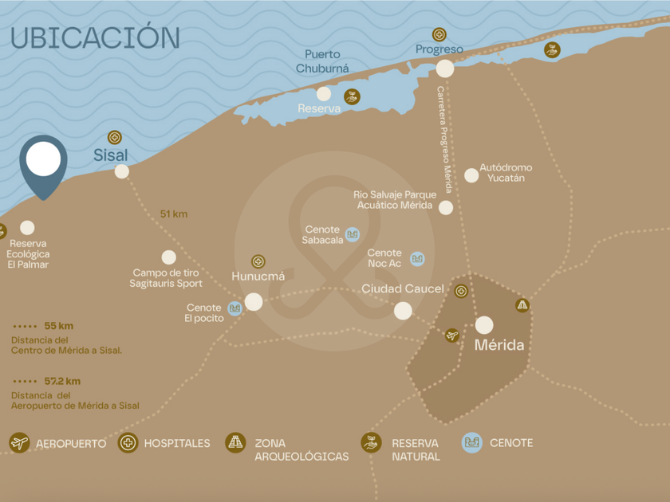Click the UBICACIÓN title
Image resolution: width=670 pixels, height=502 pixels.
coord(95,37)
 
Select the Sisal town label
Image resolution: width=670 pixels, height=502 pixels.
coord(110,155)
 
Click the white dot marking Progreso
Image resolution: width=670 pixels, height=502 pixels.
coord(445,69)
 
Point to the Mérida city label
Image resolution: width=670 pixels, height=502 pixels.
coord(499,345)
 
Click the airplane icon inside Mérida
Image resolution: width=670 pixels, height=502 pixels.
coord(452,335)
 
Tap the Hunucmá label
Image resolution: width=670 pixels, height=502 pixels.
coord(258,276)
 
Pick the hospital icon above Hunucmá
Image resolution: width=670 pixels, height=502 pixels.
coord(258,261)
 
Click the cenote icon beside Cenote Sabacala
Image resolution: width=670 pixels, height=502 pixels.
coord(353,234)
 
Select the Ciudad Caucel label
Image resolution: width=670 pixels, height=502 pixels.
coord(403,288)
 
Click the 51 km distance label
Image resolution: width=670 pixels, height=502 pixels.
coord(173,214)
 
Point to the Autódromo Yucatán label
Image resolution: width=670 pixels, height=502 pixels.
coord(505,173)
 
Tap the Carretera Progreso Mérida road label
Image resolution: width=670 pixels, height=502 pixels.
coord(444,139)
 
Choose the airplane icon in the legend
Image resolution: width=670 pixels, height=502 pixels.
coord(19,443)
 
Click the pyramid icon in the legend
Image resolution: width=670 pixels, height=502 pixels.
coord(235,443)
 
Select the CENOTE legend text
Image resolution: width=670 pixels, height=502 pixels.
coord(511,443)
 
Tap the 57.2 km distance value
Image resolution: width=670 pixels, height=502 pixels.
coord(62,382)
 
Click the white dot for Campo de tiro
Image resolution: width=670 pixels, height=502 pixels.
coord(168,257)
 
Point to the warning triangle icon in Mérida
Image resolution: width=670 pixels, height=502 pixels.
coord(522,304)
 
